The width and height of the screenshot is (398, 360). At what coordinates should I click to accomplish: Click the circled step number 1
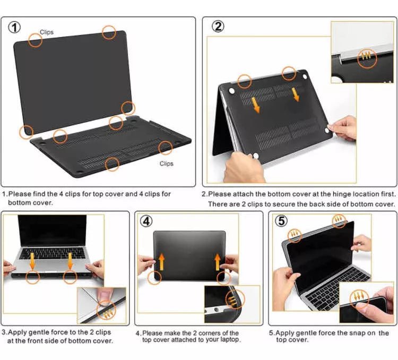(x=15, y=27)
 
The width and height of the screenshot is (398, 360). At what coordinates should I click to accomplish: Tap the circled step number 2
(x=218, y=27)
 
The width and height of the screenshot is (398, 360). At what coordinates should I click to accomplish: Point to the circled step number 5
(x=281, y=221)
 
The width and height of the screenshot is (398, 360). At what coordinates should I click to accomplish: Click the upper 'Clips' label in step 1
(x=47, y=32)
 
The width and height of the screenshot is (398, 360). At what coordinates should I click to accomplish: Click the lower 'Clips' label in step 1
(x=167, y=164)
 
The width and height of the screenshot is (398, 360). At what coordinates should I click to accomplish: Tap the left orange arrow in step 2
(x=256, y=104)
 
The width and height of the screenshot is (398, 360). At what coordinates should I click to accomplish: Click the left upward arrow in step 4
(x=161, y=262)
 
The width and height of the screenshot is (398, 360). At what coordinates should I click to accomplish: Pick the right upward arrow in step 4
(x=217, y=262)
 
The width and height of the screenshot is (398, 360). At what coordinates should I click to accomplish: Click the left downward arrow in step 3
(x=32, y=261)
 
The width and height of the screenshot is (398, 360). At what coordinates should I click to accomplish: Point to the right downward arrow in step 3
(x=70, y=261)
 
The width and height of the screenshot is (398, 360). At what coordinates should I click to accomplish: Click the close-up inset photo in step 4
(x=232, y=304)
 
